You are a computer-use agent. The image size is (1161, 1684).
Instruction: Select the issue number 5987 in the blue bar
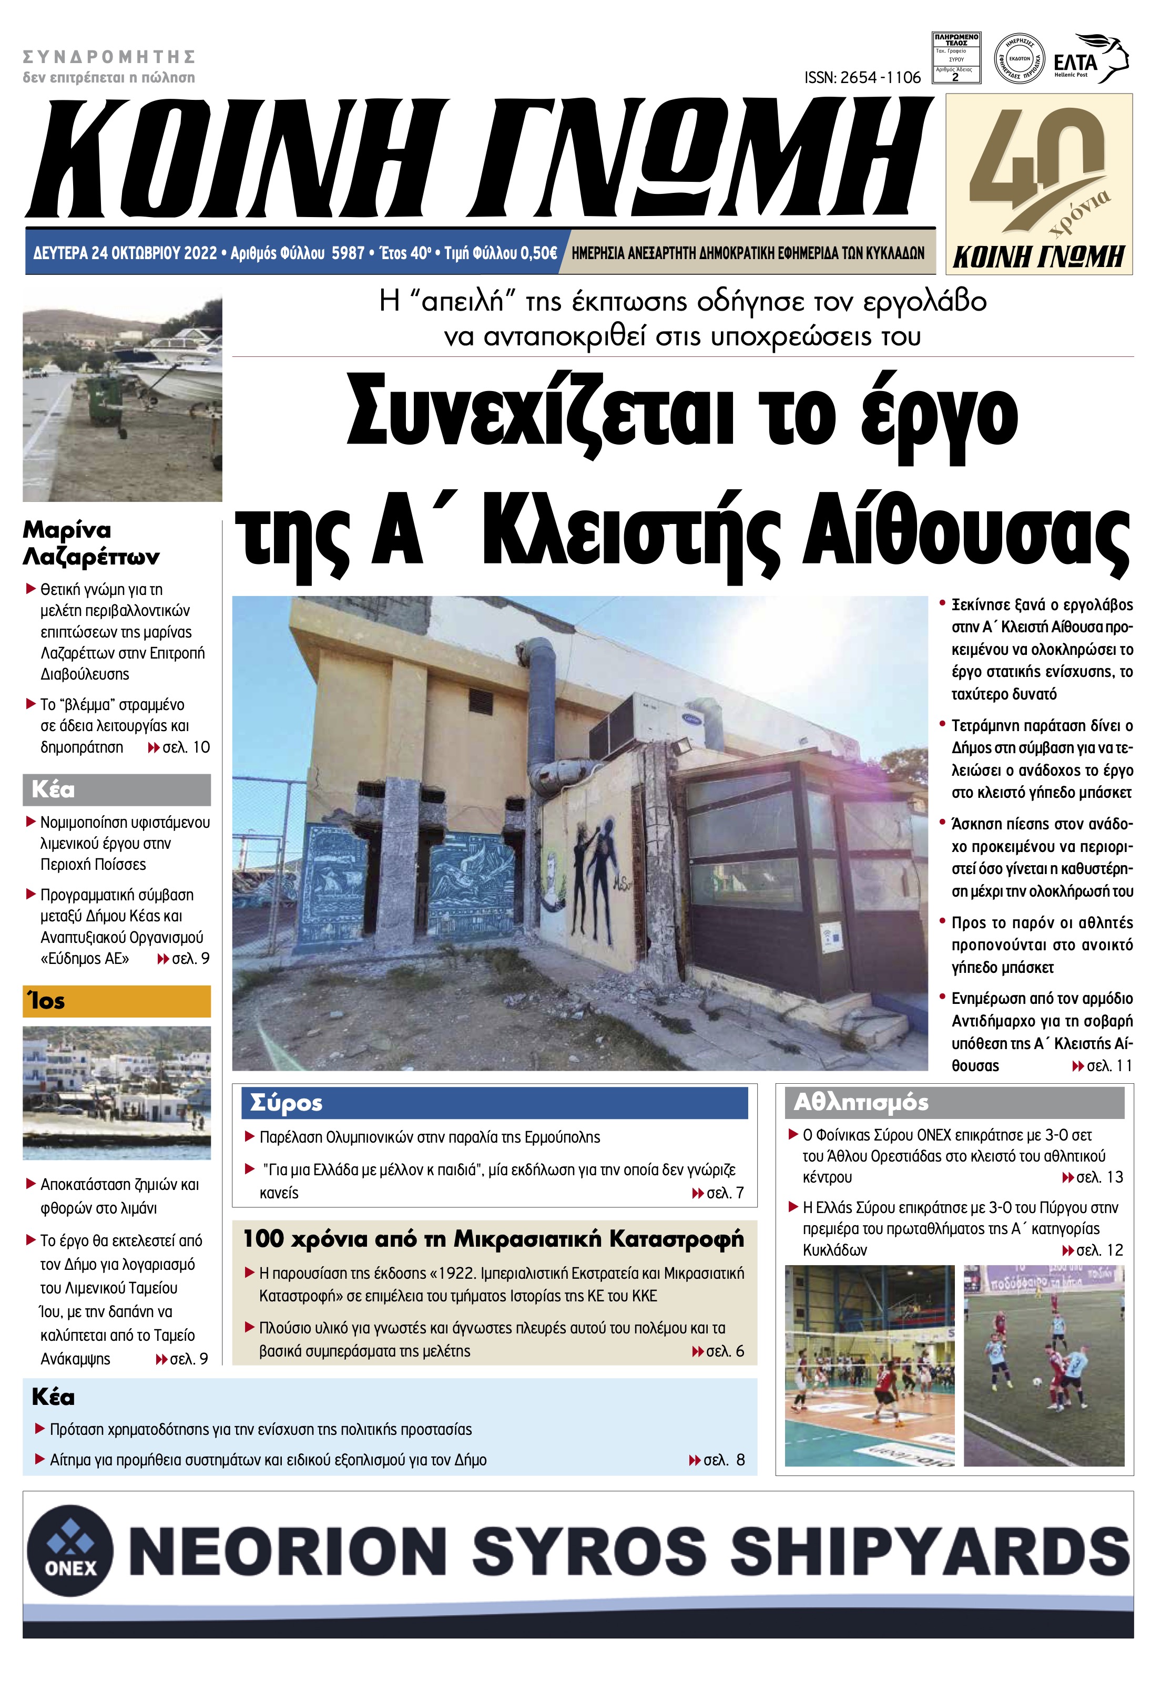pos(348,253)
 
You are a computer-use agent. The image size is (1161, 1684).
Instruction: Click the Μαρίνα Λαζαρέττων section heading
pos(91,542)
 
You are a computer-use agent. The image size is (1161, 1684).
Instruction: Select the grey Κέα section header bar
pos(116,789)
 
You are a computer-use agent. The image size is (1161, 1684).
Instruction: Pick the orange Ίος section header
pos(116,1001)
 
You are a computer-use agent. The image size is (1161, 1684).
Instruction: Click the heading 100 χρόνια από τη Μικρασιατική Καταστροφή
pos(493,1238)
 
